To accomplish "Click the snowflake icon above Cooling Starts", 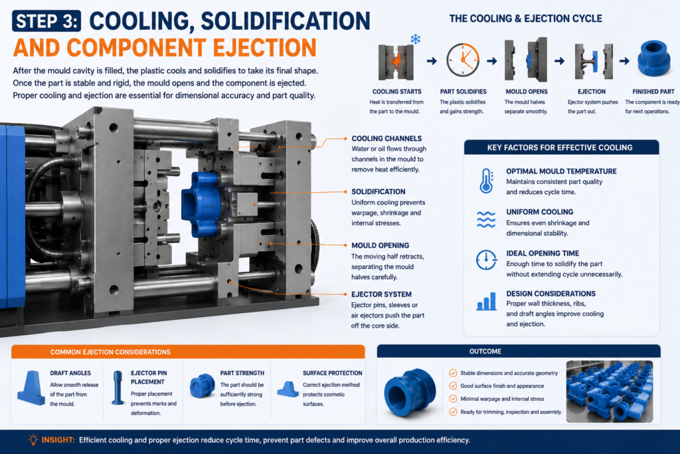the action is [416, 39].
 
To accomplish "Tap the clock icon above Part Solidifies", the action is [463, 60].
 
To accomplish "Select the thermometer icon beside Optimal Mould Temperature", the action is [487, 181].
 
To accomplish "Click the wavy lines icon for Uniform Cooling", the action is [486, 219].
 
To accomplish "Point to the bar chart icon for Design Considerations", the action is [486, 301].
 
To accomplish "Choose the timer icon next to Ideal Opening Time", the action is [486, 260].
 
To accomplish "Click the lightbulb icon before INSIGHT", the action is [33, 439].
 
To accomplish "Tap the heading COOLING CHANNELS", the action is [386, 138].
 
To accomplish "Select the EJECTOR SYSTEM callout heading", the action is [381, 294].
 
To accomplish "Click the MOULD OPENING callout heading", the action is [380, 245].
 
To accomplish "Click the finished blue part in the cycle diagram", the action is [653, 58].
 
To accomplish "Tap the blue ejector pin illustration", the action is [118, 388].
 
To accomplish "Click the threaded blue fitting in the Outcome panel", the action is [409, 393].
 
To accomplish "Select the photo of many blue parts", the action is [610, 391].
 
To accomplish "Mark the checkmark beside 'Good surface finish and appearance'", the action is [453, 386].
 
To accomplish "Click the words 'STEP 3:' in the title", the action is [47, 21].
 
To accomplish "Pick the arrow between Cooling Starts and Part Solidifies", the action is [432, 60].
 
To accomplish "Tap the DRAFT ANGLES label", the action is [70, 373].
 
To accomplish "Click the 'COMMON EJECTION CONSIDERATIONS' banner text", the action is [110, 352].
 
